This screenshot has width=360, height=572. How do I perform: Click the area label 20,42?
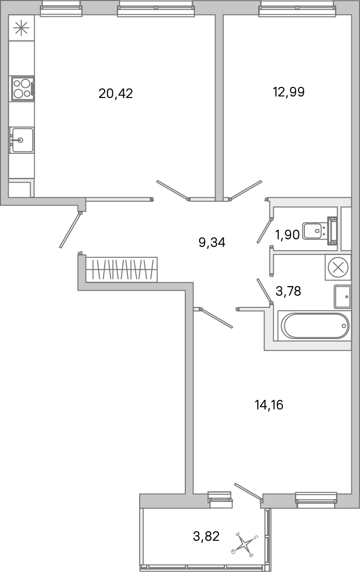[x=115, y=93]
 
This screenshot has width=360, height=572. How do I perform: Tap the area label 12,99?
[x=288, y=92]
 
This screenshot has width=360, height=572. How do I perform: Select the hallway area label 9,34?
[x=212, y=243]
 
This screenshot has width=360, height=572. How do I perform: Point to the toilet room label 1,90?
[x=287, y=235]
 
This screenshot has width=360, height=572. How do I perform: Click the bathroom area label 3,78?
[x=288, y=291]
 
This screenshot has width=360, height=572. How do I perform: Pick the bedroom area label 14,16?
[x=269, y=405]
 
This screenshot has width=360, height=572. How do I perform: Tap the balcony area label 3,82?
[x=206, y=536]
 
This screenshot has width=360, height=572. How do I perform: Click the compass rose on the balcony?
[x=245, y=545]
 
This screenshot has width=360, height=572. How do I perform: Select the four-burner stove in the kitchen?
[x=23, y=88]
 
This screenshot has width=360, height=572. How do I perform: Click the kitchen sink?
[x=22, y=140]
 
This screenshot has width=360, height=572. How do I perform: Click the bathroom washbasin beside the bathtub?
[x=343, y=297]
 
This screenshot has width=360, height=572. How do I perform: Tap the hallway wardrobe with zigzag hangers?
[x=121, y=269]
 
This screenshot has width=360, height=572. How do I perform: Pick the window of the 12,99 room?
[x=296, y=8]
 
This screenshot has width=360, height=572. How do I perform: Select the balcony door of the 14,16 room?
[x=248, y=491]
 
